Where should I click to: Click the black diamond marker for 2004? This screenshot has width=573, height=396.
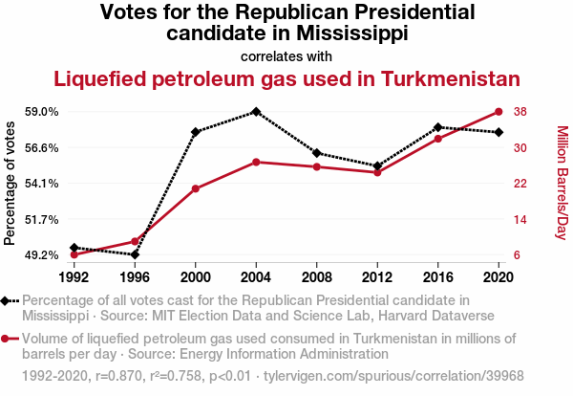(x=256, y=112)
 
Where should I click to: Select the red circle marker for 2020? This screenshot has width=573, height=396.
(x=499, y=112)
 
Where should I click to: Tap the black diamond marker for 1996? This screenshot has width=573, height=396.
(x=135, y=254)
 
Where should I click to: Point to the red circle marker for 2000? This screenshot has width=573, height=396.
(x=195, y=188)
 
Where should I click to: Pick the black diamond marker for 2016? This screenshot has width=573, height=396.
(x=437, y=127)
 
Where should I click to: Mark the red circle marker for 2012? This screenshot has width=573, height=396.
(x=377, y=172)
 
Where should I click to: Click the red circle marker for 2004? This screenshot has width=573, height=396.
(x=256, y=162)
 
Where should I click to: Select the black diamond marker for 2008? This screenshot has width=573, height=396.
(x=316, y=153)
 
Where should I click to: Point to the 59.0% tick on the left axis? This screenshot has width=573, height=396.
(x=43, y=112)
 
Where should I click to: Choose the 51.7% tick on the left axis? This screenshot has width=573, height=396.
(x=43, y=219)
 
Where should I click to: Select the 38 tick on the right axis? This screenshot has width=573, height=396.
(x=520, y=112)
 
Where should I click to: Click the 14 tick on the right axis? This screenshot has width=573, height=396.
(x=520, y=219)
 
